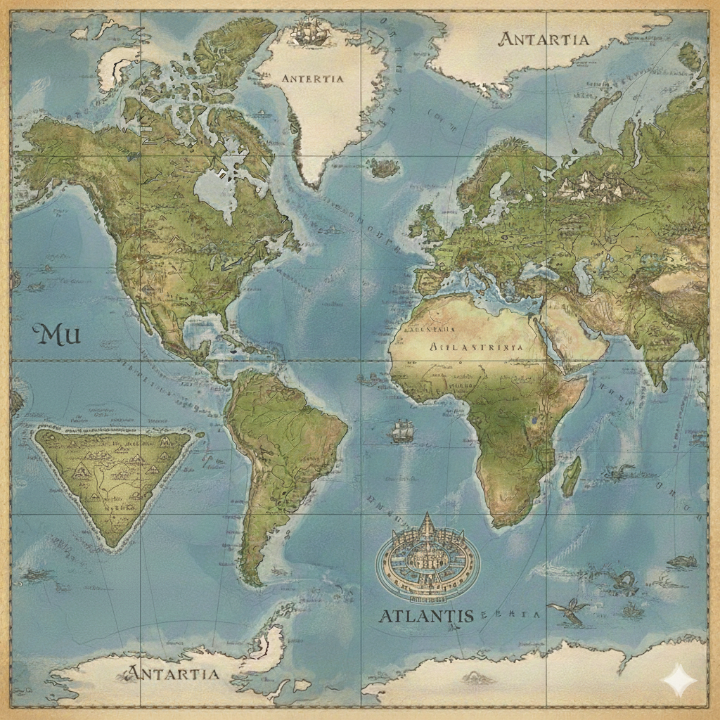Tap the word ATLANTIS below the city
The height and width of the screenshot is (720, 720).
pos(426,616)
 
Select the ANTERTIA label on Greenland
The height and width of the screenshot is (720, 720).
pos(312,79)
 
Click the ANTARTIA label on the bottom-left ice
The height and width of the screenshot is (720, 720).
pos(173,673)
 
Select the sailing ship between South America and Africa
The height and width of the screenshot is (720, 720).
pos(400,431)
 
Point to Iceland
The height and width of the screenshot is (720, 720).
pos(384,167)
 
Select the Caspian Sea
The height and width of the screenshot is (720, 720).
pos(582,274)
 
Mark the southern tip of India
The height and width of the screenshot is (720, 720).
pos(660,384)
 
